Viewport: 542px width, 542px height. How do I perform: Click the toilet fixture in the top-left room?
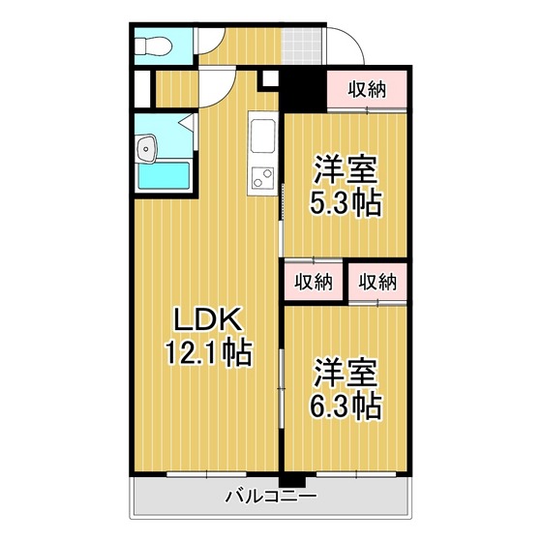pyautogui.click(x=153, y=46)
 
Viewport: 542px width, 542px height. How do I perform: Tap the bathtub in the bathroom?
pyautogui.click(x=164, y=175)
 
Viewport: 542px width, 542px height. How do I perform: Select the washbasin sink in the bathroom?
pyautogui.click(x=147, y=149)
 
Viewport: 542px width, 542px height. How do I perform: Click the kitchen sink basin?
pyautogui.click(x=263, y=135)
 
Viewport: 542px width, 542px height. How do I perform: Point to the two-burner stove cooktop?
pyautogui.click(x=262, y=178)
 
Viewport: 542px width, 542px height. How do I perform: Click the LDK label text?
pyautogui.click(x=207, y=319)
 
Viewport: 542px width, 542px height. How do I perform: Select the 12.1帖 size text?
pyautogui.click(x=209, y=353)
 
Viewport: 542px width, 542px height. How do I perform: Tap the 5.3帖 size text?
pyautogui.click(x=346, y=203)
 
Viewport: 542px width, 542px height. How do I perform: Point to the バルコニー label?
pyautogui.click(x=271, y=497)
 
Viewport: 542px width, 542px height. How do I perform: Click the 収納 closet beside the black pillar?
pyautogui.click(x=367, y=89)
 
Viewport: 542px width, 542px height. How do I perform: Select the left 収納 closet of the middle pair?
pyautogui.click(x=314, y=282)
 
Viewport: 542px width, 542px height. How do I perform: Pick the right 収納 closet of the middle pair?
pyautogui.click(x=377, y=282)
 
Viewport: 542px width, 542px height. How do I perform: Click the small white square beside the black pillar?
pyautogui.click(x=270, y=78)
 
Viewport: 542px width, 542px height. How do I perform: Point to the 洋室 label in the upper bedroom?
pyautogui.click(x=346, y=169)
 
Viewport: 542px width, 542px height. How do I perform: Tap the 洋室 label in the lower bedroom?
pyautogui.click(x=346, y=373)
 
